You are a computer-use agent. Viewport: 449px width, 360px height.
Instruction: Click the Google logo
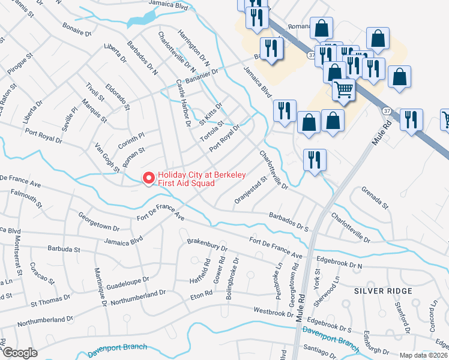point(20,353)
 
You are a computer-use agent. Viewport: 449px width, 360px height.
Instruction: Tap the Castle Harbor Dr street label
point(182,103)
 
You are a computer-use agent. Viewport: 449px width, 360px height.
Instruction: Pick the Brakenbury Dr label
point(207,246)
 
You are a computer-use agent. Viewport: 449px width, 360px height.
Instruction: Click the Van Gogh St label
point(109,158)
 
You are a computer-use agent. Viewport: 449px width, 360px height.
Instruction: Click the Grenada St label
point(375,198)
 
